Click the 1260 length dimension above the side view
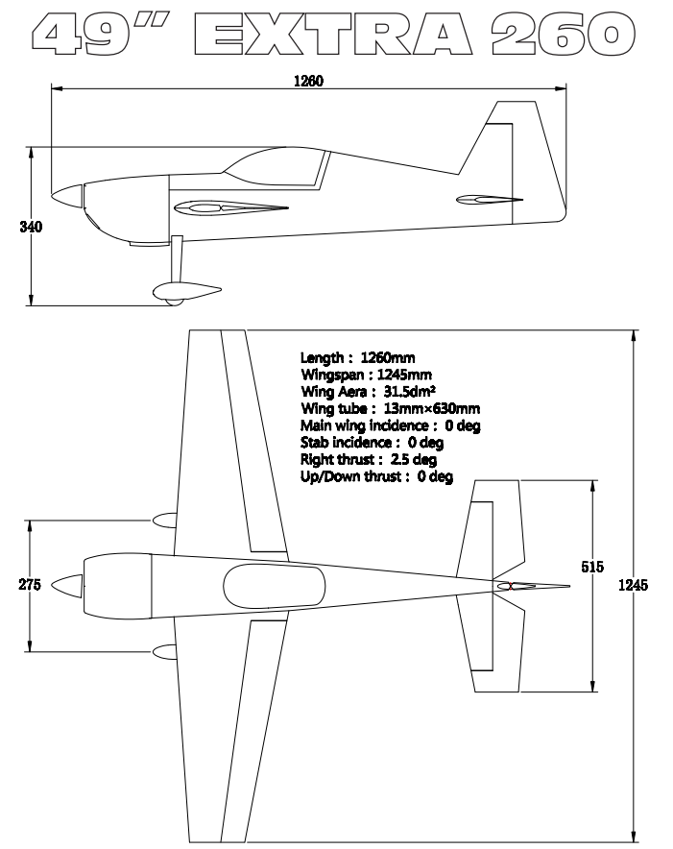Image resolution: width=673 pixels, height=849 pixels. pyautogui.click(x=307, y=81)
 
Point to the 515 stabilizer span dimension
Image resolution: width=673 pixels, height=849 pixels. pyautogui.click(x=592, y=567)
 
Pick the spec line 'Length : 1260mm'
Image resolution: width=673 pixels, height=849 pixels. pyautogui.click(x=358, y=358)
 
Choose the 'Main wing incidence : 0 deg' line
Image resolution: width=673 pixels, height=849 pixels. pyautogui.click(x=390, y=424)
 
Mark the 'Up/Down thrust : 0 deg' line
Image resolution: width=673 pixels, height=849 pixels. pyautogui.click(x=376, y=475)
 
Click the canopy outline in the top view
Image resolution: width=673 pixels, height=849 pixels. pyautogui.click(x=274, y=585)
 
